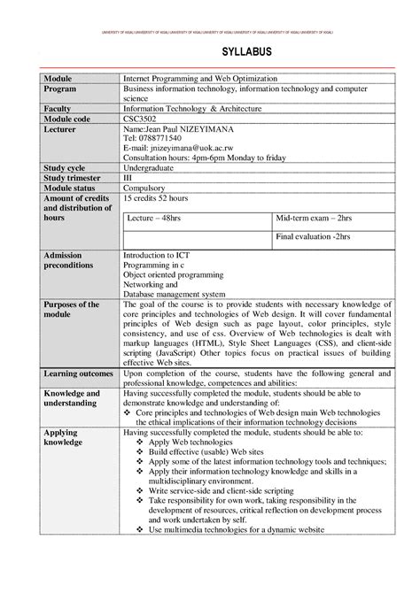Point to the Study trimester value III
point(128,177)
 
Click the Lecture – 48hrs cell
point(155,217)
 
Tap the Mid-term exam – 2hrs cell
point(314,217)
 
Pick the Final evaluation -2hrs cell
point(313,237)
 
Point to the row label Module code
point(66,119)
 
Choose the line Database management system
point(175,294)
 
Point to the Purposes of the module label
point(70,310)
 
